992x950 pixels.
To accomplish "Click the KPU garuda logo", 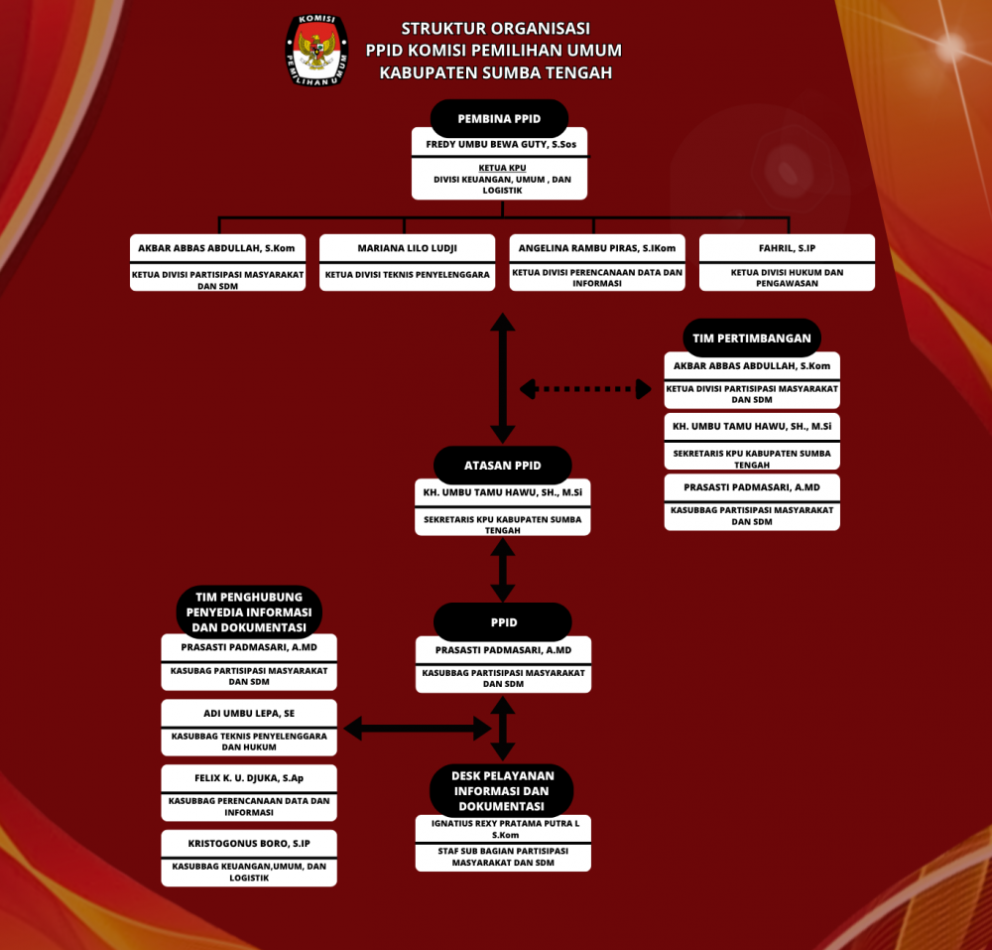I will tap(317, 50).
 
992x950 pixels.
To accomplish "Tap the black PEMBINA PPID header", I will tap(499, 119).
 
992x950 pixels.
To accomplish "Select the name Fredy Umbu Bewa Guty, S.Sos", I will tap(500, 145).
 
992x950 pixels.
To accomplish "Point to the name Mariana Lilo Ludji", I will tap(408, 248).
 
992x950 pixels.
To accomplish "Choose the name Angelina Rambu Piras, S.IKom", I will tap(597, 248).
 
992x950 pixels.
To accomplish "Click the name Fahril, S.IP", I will tap(787, 248).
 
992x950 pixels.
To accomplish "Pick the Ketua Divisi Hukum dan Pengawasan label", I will tap(787, 277).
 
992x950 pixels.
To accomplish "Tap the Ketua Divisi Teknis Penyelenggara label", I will tap(408, 275).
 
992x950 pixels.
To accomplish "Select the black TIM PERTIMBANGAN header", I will tap(752, 339).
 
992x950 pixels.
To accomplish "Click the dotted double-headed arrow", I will tap(585, 389).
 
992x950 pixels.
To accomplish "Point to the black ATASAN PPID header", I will tap(503, 466).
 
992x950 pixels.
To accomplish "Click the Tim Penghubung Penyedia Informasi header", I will tap(249, 612).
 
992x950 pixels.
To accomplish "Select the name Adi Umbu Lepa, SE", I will tap(249, 713).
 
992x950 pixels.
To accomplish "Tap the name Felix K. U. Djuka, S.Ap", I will tap(249, 778).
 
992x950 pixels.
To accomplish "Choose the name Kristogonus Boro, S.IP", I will tap(249, 844).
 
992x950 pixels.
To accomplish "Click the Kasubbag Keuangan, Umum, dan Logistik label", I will tap(249, 872).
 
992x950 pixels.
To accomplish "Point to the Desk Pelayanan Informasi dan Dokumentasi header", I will tap(502, 791).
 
